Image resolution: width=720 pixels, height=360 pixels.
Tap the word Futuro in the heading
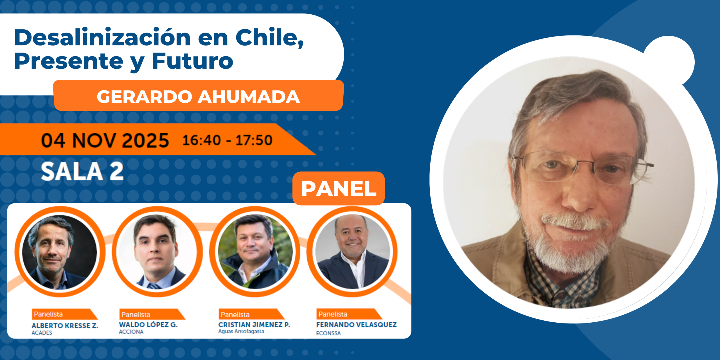(x=193, y=61)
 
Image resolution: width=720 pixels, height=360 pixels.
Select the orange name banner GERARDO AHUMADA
(x=199, y=96)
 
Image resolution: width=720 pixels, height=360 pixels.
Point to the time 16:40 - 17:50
(x=228, y=140)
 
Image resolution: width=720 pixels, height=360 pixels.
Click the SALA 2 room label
(x=82, y=171)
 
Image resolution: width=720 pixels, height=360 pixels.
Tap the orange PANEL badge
(x=339, y=188)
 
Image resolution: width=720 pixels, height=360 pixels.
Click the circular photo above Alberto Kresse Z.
(x=60, y=251)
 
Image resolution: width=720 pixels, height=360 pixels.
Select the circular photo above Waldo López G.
(x=157, y=251)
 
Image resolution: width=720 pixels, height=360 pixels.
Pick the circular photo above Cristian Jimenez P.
(x=255, y=251)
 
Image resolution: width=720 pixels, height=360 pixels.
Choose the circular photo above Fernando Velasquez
(x=352, y=251)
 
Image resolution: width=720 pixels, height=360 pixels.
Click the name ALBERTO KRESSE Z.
(x=65, y=326)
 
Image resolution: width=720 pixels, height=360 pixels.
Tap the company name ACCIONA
(x=131, y=332)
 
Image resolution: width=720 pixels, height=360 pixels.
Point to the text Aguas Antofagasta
(x=241, y=331)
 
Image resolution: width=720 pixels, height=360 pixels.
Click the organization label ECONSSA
(x=328, y=333)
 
